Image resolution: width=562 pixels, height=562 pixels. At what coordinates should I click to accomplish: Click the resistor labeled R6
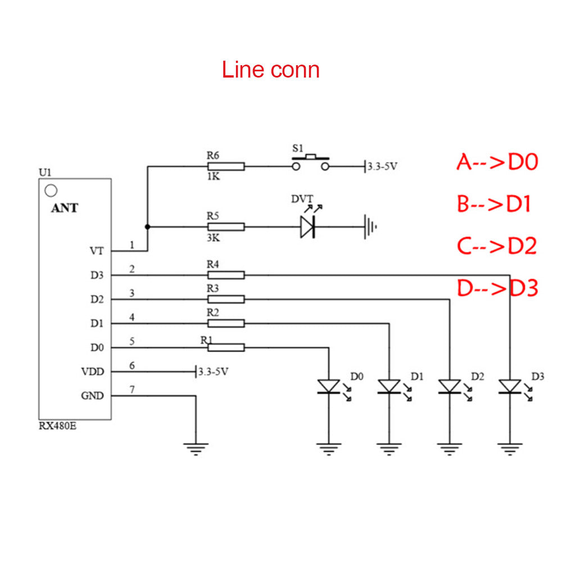226,166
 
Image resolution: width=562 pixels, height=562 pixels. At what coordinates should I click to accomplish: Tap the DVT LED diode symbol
307,226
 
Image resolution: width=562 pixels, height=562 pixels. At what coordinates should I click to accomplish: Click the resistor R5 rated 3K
226,226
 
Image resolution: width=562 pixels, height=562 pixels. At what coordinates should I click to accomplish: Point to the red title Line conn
271,70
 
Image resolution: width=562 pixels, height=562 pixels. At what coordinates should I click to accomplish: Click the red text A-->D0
497,162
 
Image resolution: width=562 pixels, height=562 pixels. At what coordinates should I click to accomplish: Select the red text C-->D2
497,246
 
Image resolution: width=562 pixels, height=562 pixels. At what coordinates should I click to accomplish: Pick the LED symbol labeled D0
328,386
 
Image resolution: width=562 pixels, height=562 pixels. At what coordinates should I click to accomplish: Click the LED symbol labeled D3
510,386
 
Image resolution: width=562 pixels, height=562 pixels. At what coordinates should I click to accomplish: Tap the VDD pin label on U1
93,371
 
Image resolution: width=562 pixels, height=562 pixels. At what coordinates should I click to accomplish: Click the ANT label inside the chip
65,208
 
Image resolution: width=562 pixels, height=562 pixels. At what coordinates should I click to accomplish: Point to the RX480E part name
57,425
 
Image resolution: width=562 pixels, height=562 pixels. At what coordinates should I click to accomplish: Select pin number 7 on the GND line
132,389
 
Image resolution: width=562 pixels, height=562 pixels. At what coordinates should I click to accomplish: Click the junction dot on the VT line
147,227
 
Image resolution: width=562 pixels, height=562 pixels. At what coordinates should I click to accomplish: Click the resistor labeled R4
226,275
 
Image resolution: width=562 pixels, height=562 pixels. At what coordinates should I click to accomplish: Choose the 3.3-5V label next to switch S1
383,167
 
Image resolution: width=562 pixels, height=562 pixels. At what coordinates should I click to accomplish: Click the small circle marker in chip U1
51,191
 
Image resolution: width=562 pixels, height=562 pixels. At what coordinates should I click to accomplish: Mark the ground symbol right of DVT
369,226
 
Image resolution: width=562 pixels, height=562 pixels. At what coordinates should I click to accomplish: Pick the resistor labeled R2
226,323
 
